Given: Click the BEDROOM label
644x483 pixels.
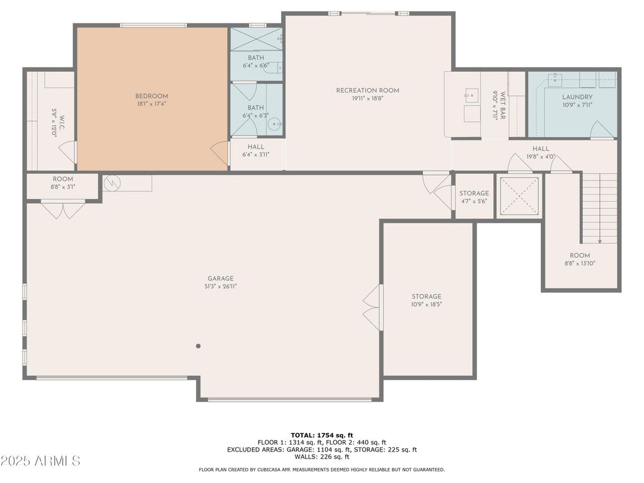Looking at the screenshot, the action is tap(152, 96).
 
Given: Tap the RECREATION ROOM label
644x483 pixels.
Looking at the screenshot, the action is tap(367, 91).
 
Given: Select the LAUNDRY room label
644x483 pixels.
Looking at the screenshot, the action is tap(577, 97).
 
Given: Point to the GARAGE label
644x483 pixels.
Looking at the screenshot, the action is tap(221, 279).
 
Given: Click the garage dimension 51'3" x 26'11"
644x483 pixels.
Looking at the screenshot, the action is tap(221, 287).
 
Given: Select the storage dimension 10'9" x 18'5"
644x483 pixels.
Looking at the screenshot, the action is tap(426, 304).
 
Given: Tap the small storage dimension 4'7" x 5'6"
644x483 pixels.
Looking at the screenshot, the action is tap(474, 201).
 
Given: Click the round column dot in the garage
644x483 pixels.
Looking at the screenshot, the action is tap(198, 347).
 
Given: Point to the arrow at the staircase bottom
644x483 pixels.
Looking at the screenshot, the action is tap(599, 241).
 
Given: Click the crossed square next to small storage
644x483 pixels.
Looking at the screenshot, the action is tap(519, 196).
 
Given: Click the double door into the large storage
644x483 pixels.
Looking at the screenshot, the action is tap(372, 308).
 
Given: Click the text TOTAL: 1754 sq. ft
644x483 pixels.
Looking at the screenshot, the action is tap(321, 435).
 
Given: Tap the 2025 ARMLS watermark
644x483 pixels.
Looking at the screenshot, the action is tap(40, 461).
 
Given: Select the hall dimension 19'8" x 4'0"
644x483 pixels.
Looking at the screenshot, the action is tap(541, 157).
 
